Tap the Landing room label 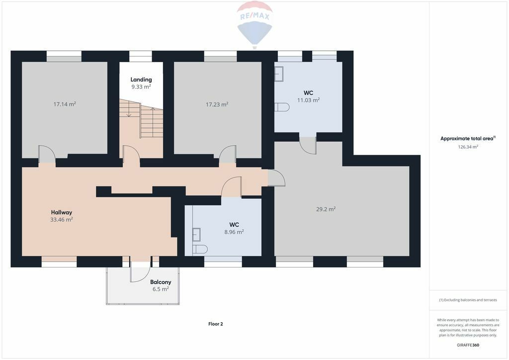click(141, 80)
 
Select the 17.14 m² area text click(65, 104)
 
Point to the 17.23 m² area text click(217, 104)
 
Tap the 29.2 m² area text click(326, 209)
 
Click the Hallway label click(61, 213)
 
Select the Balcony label click(161, 282)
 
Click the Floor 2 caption click(216, 324)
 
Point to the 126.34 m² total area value click(468, 147)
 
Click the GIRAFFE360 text click(468, 345)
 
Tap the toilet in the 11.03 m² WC click(282, 107)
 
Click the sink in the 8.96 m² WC click(196, 235)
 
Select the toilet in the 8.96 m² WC click(200, 249)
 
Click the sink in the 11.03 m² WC click(279, 74)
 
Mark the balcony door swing click(140, 272)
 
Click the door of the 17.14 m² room click(47, 154)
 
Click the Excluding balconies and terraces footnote click(468, 300)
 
